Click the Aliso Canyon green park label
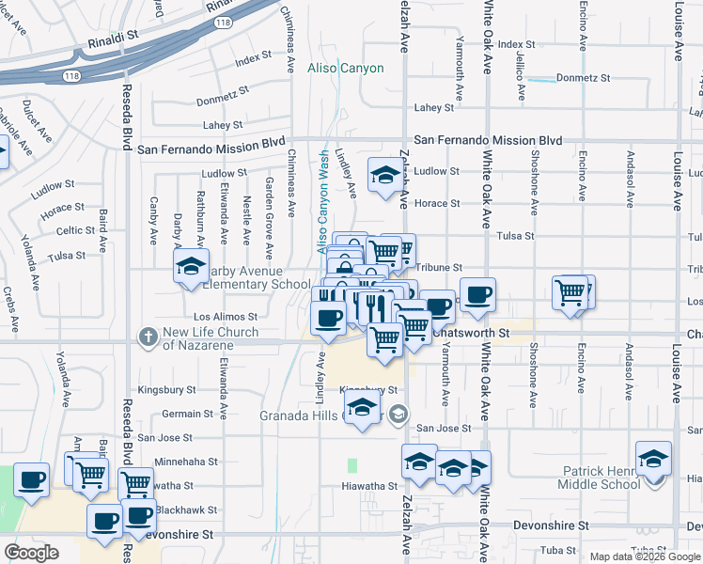point(345,69)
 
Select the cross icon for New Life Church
point(148,336)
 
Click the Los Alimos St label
point(226,317)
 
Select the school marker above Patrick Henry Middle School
point(653,459)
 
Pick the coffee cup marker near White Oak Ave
point(476,294)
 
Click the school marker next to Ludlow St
point(383,175)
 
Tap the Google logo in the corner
point(32,553)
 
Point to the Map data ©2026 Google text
point(644,556)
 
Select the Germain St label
point(181,414)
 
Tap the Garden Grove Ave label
point(269,218)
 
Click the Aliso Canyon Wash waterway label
point(323,201)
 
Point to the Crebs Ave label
point(10,308)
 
